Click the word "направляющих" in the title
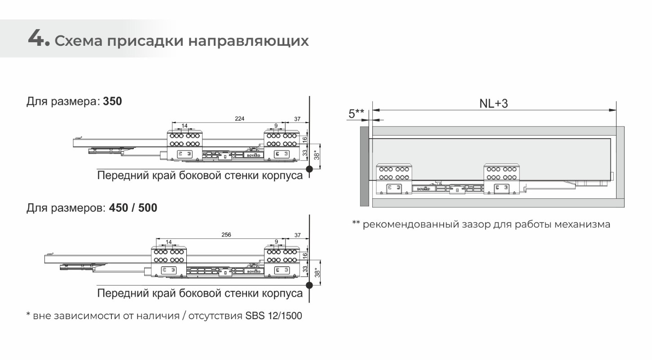point(248,41)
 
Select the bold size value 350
point(112,101)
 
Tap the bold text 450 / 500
point(133,208)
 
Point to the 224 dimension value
point(239,119)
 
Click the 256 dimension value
point(226,235)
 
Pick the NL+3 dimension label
point(493,104)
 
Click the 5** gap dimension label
point(356,114)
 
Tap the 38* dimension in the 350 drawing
point(317,154)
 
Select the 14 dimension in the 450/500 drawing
point(168,242)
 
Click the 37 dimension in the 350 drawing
point(297,119)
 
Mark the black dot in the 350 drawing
point(309,169)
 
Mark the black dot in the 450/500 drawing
point(309,285)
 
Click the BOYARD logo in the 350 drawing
point(254,155)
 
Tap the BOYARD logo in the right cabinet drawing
point(423,189)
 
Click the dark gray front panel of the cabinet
point(365,166)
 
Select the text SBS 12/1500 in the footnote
point(273,316)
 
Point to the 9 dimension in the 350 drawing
point(276,126)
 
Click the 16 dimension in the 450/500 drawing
point(305,255)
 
